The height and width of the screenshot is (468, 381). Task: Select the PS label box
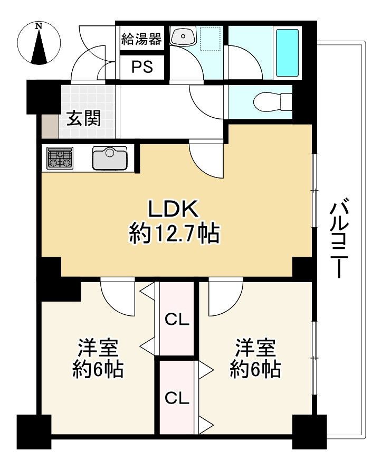[142, 67]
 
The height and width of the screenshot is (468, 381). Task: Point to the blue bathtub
[287, 52]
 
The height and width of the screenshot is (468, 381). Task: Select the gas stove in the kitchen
[60, 158]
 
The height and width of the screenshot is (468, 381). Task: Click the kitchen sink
[110, 157]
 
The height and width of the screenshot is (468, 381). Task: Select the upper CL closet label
[177, 319]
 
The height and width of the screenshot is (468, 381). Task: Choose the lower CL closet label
[177, 398]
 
